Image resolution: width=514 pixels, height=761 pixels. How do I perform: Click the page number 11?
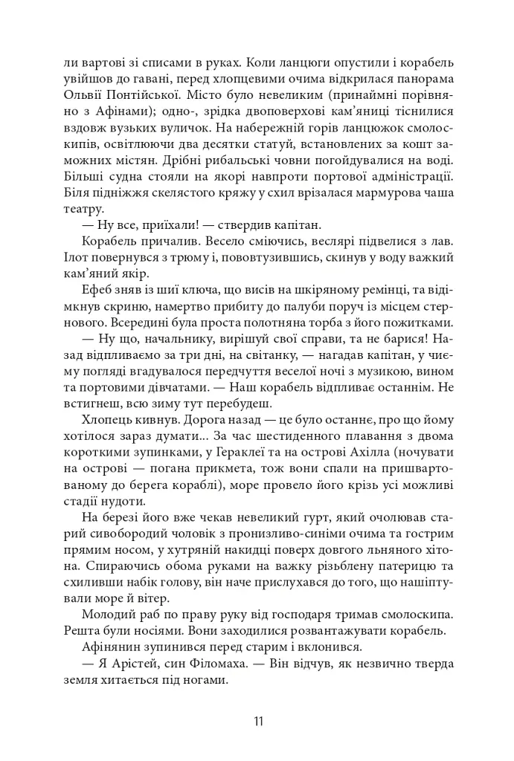(257, 721)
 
